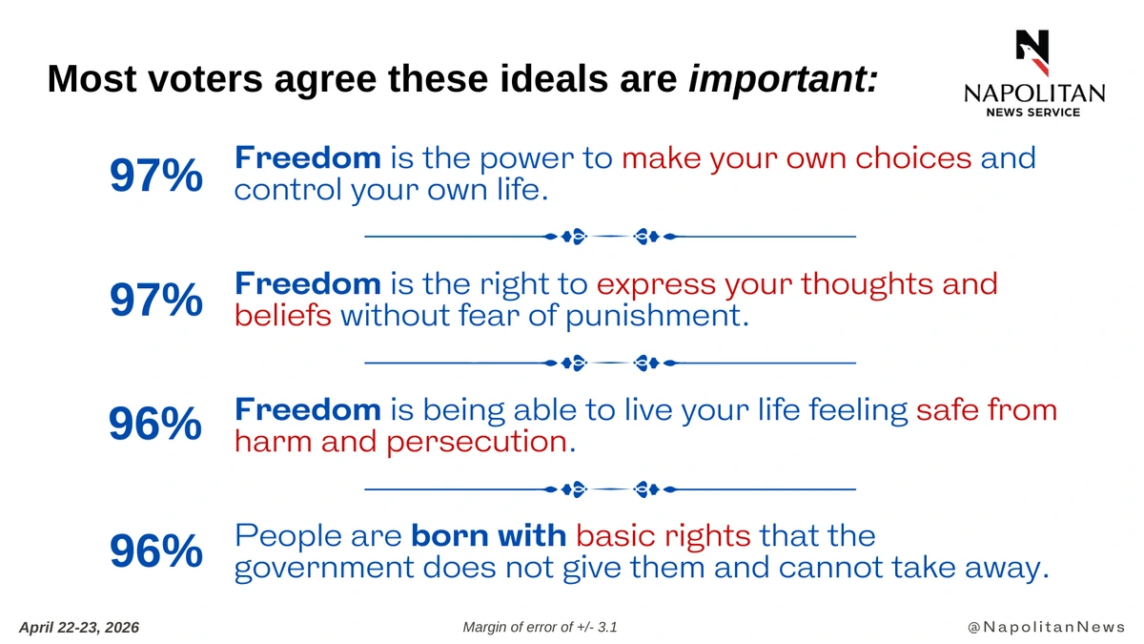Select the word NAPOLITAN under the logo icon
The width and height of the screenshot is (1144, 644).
pyautogui.click(x=1034, y=93)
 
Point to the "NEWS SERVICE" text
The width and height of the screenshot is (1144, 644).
pyautogui.click(x=1033, y=113)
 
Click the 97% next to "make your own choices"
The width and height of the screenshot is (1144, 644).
pyautogui.click(x=156, y=176)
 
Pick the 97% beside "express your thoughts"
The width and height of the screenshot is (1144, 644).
pyautogui.click(x=156, y=300)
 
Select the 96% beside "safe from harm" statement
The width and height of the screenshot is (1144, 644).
pyautogui.click(x=155, y=424)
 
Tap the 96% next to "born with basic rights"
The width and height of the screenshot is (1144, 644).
pyautogui.click(x=156, y=551)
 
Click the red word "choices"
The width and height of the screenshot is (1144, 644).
pyautogui.click(x=913, y=157)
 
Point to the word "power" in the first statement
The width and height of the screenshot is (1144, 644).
pyautogui.click(x=526, y=159)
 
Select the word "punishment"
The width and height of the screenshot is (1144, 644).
pyautogui.click(x=657, y=316)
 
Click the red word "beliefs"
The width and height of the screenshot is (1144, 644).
pyautogui.click(x=283, y=315)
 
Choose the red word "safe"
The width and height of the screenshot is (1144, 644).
pyautogui.click(x=947, y=410)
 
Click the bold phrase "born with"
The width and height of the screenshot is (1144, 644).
pyautogui.click(x=489, y=535)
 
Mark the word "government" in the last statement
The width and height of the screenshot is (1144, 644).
pyautogui.click(x=324, y=569)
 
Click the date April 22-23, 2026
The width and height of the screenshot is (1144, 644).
pyautogui.click(x=79, y=628)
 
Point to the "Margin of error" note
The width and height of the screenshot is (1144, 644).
pyautogui.click(x=540, y=627)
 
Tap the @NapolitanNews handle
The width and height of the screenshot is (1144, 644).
pyautogui.click(x=1046, y=627)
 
